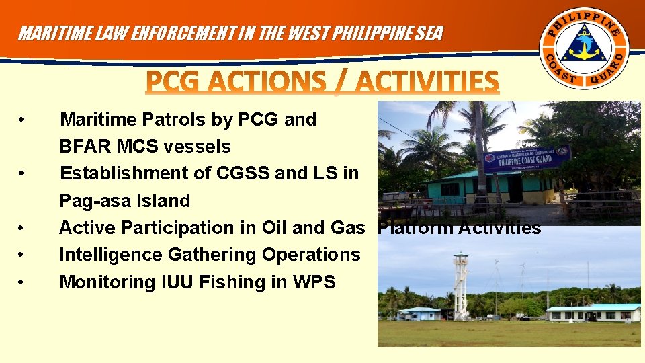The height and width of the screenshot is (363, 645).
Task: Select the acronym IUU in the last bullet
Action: (176, 282)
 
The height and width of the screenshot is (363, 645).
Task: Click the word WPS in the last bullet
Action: (314, 282)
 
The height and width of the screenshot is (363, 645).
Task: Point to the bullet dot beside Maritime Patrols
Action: (24, 120)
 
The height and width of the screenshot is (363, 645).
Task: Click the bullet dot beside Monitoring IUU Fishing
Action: (24, 282)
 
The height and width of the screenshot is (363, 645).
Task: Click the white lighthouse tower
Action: (460, 286)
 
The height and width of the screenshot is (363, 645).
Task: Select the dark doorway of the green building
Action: (515, 188)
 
